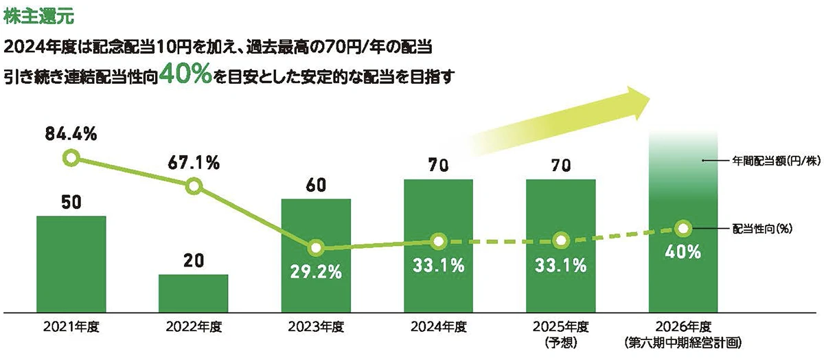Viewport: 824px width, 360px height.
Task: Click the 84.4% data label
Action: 71,135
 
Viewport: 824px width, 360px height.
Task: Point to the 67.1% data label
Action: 193,163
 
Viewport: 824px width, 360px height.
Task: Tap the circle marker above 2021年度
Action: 71,158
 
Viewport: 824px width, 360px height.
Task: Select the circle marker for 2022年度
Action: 194,185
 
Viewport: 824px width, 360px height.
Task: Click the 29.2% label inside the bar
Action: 316,272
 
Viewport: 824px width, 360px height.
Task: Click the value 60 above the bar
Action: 316,185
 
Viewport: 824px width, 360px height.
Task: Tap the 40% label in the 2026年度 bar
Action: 683,252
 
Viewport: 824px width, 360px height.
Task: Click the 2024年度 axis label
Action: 438,327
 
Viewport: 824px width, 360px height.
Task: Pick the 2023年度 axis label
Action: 316,327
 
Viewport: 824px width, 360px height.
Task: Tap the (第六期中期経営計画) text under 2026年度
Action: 683,341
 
